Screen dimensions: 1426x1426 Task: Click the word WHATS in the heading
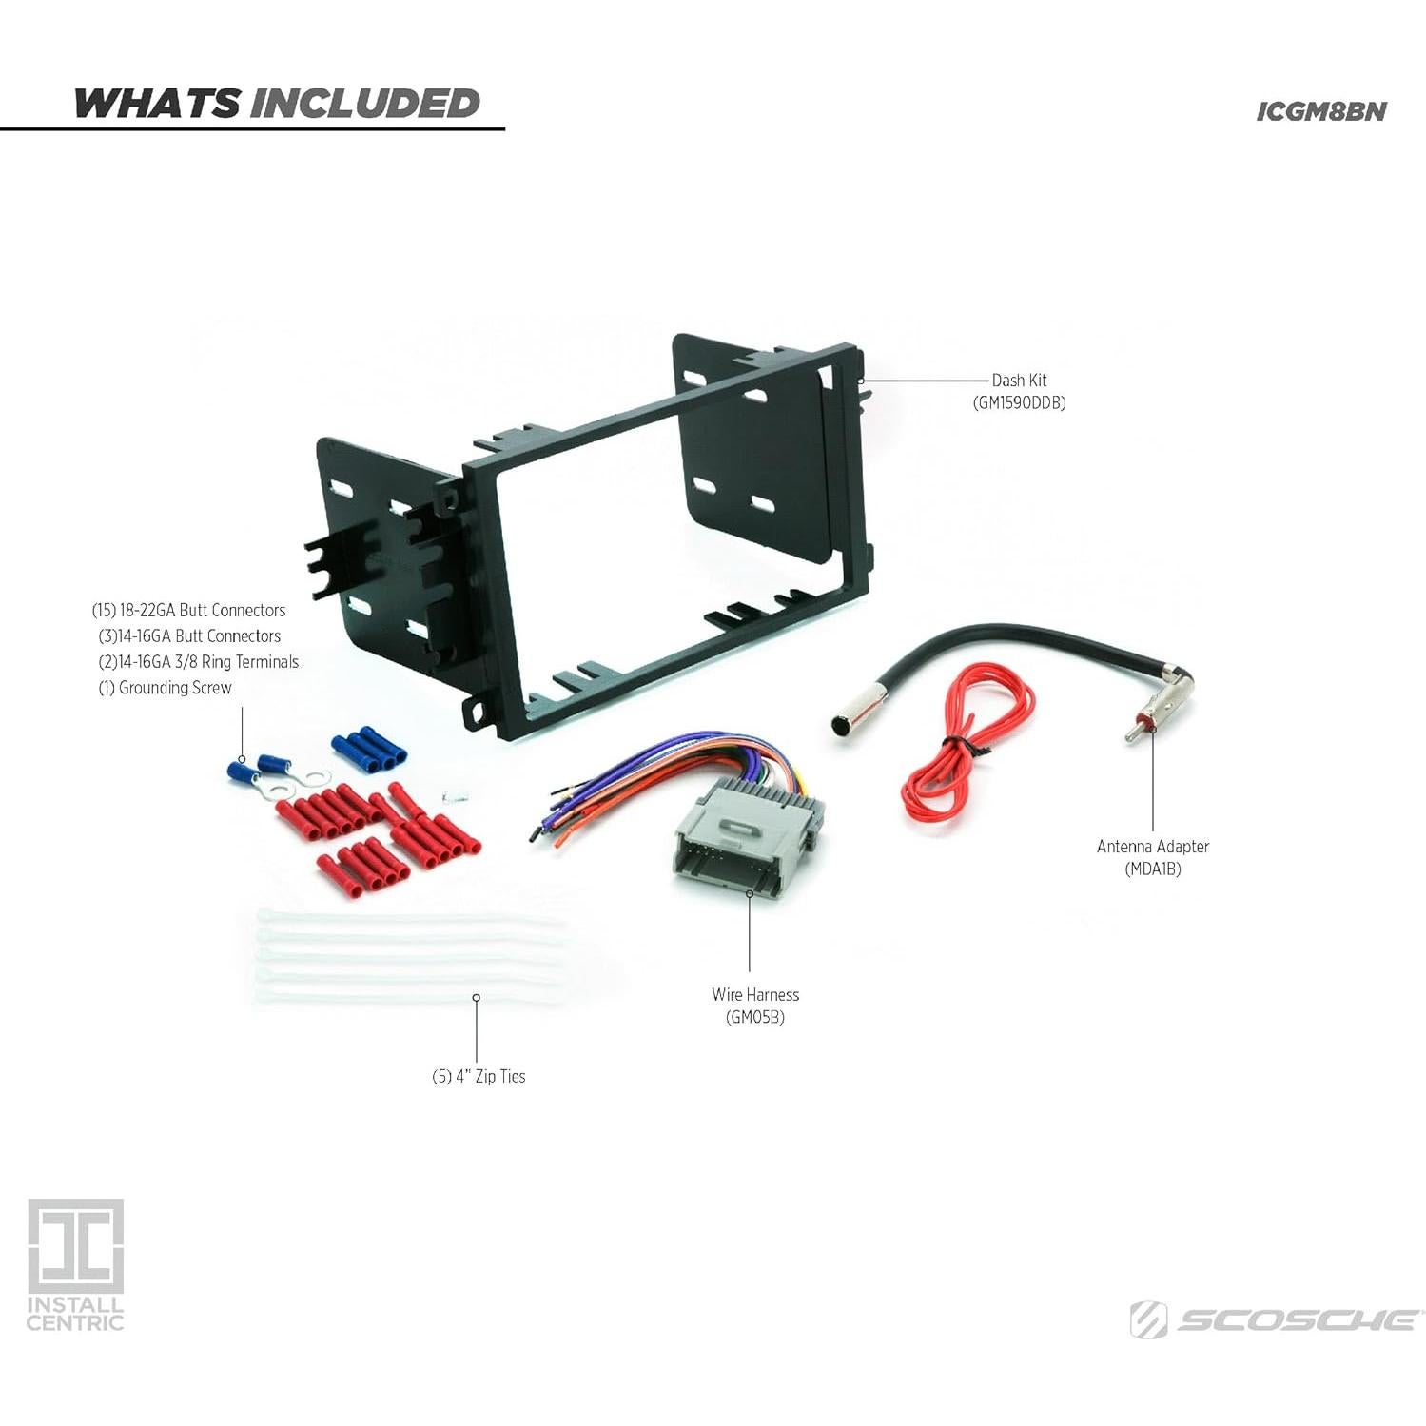(157, 104)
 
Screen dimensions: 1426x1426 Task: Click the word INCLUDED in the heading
(365, 104)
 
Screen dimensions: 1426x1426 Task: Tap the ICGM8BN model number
(1320, 111)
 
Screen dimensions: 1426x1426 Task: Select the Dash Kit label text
(1019, 381)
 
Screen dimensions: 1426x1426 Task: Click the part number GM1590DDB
(1019, 403)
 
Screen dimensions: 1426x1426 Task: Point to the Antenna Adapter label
(1152, 846)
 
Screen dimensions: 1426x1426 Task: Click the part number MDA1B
(1152, 869)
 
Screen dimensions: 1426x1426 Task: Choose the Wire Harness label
(755, 994)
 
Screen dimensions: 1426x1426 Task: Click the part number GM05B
(755, 1017)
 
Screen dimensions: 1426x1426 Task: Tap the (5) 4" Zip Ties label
(479, 1076)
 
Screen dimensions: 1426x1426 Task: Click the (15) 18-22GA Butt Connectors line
(188, 611)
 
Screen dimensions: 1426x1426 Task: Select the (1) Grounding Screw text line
(166, 688)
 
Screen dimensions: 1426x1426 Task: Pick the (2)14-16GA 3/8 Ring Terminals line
(198, 662)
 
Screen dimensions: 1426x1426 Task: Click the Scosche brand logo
(1275, 1320)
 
